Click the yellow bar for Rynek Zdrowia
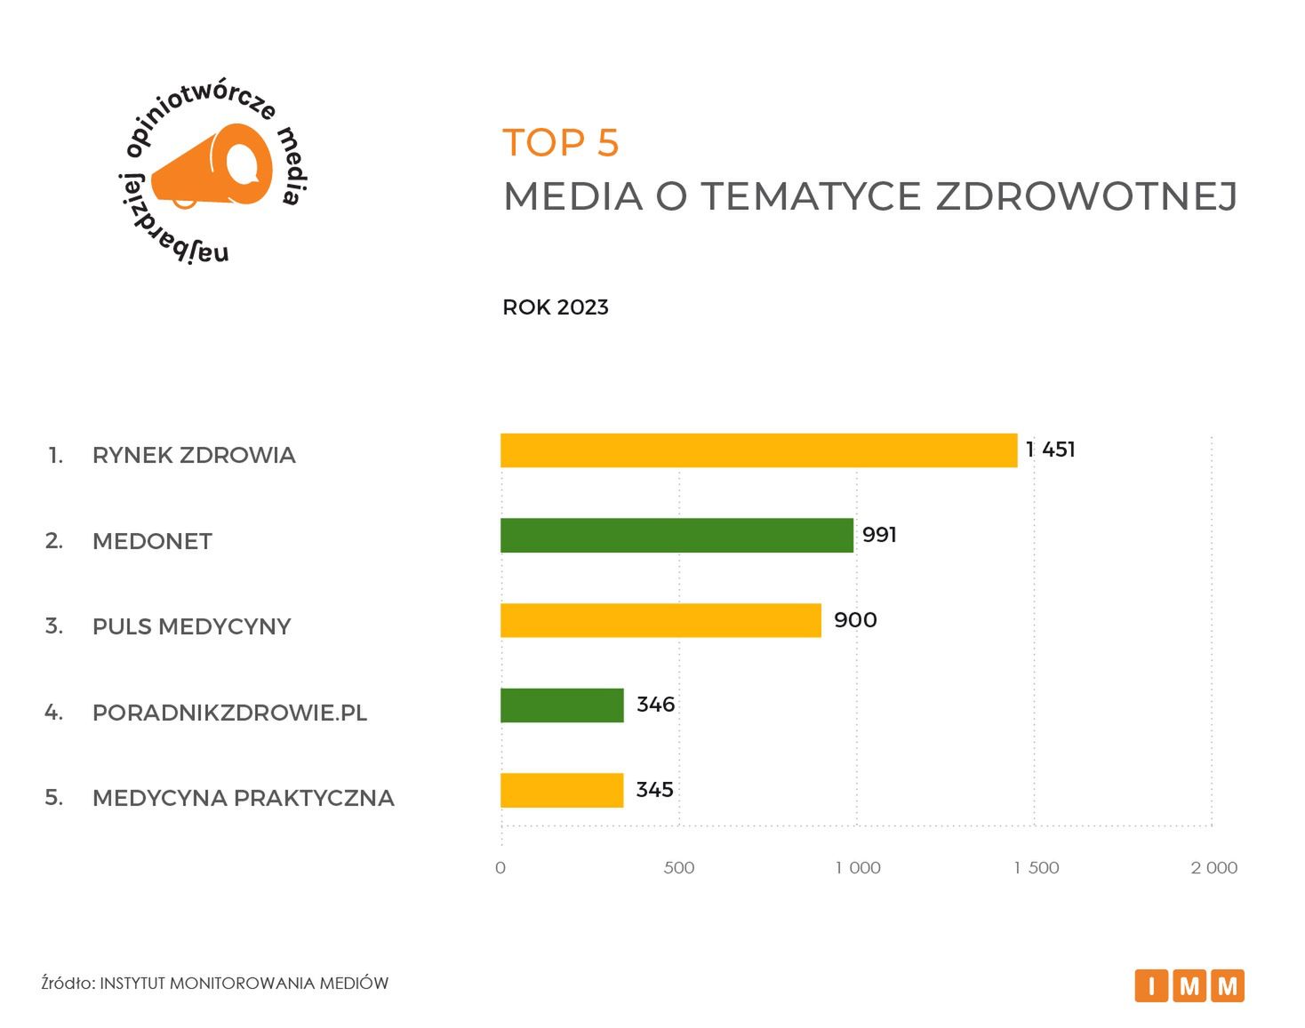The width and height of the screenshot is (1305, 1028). [758, 450]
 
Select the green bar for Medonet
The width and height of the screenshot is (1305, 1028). [677, 536]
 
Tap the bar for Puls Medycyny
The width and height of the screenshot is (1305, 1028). [661, 620]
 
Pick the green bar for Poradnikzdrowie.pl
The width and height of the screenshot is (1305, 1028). [562, 705]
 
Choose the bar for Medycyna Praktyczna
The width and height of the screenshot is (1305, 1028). [562, 790]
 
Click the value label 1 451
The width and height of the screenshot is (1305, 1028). [1050, 450]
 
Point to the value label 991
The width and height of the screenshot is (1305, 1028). [879, 535]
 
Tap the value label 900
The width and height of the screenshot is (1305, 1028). [855, 620]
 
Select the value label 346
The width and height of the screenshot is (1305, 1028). [656, 705]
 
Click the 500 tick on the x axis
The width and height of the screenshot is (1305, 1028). [679, 867]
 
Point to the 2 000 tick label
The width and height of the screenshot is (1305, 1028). [1213, 867]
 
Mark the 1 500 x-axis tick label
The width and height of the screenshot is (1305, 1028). [1036, 867]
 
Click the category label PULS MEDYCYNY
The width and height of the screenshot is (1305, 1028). [191, 626]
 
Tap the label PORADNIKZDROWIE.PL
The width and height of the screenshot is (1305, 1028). [229, 713]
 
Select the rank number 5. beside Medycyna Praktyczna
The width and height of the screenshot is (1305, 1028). [54, 797]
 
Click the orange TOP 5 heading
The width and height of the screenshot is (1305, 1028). [561, 143]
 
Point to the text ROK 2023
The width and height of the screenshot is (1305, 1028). [556, 307]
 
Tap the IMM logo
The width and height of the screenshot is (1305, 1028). [1189, 985]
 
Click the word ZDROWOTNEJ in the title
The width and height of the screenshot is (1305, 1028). [1086, 196]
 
